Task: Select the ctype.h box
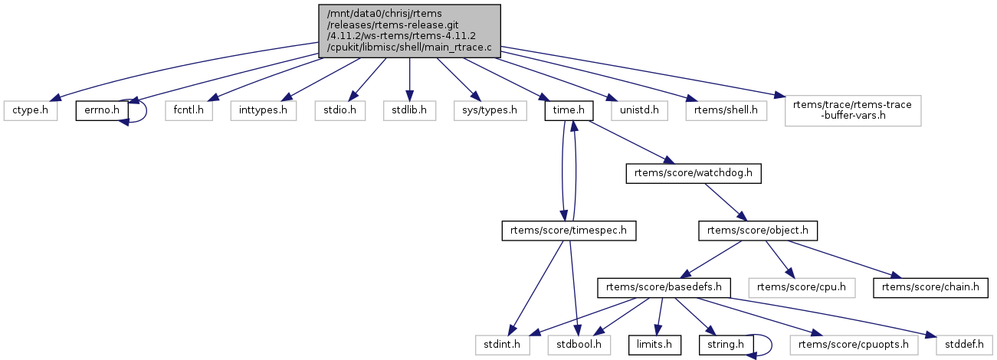click(x=31, y=111)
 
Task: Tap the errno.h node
click(x=100, y=111)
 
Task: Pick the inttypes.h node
click(x=264, y=111)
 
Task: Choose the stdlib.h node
click(x=409, y=111)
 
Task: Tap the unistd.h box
click(x=638, y=111)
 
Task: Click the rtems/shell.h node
click(x=726, y=111)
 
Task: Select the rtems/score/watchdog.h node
click(x=694, y=173)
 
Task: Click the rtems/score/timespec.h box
click(x=569, y=230)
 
